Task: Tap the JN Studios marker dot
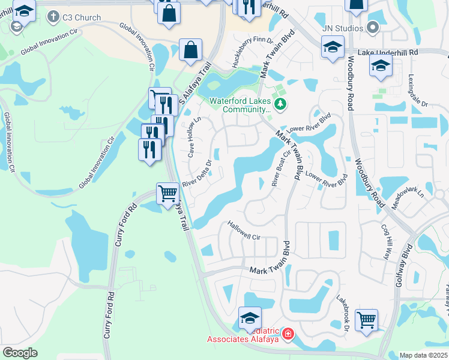[373, 28]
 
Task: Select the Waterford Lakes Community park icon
[280, 105]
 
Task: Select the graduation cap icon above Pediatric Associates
[250, 317]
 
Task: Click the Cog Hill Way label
[385, 241]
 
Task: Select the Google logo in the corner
[20, 353]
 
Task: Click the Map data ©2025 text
[423, 355]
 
